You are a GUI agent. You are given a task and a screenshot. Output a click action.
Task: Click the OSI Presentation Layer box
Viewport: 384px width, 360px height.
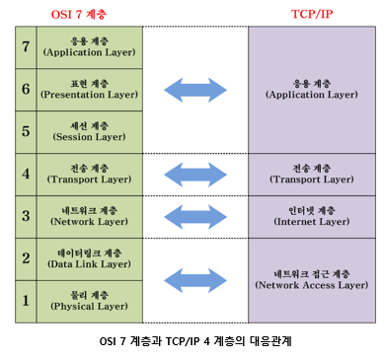coord(90,90)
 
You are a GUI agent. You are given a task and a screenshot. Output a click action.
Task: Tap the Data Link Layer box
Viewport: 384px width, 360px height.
coord(90,258)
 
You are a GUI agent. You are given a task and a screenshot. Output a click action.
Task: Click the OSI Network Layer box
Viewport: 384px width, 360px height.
coord(90,217)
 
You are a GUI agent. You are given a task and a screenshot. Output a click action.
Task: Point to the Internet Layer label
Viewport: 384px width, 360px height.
coord(311,217)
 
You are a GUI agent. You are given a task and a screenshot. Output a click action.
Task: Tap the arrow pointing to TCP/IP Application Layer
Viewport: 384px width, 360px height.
coord(194,90)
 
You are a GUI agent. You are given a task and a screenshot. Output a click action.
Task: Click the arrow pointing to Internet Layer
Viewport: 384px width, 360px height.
coord(194,217)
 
